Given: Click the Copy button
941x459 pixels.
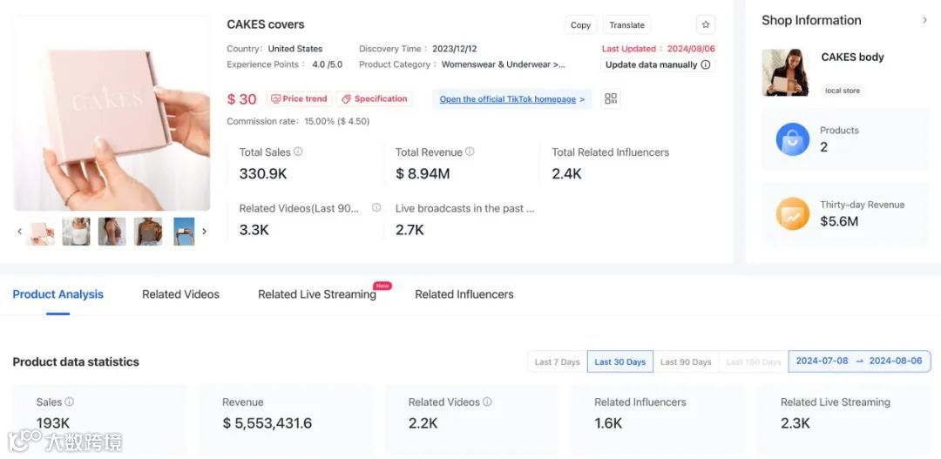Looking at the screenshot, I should (x=580, y=25).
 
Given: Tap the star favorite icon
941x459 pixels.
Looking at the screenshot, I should (x=706, y=25).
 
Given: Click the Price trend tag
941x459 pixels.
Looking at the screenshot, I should (x=298, y=99).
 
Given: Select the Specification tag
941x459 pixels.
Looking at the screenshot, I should (x=375, y=99).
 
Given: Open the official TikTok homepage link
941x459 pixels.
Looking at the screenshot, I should (x=511, y=99).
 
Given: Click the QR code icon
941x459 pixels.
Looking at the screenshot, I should (x=611, y=99).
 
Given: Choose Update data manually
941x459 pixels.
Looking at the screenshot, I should (x=658, y=64).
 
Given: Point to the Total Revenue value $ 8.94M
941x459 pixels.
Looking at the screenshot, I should (x=423, y=174).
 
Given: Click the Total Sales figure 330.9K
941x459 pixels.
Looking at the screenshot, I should (x=263, y=174).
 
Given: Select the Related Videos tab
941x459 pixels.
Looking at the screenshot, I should (x=180, y=294).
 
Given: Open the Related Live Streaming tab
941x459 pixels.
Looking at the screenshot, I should (x=317, y=294).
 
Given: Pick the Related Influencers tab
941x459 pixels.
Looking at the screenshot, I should (x=464, y=294).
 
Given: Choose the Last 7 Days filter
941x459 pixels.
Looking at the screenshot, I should (x=557, y=362).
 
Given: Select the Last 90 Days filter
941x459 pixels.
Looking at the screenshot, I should (x=686, y=362).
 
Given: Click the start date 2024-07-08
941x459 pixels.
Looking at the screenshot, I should (x=822, y=361).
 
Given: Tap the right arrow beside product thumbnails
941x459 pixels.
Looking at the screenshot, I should (x=204, y=232).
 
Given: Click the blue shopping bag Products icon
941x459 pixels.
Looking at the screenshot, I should (x=793, y=139).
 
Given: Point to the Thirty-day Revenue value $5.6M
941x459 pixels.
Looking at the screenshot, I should (x=839, y=221).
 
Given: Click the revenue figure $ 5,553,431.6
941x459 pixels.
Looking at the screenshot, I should (x=267, y=423).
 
